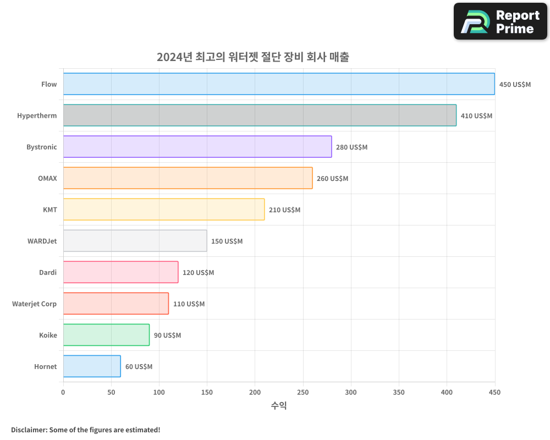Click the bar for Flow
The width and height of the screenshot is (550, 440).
point(279,84)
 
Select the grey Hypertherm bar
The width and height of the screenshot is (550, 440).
point(260,116)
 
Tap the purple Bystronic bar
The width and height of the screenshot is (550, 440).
point(197,147)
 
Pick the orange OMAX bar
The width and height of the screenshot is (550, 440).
point(188,178)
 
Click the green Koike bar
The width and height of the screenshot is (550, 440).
point(106,335)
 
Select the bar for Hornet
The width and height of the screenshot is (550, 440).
point(92,366)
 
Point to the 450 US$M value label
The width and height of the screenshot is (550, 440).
point(515,85)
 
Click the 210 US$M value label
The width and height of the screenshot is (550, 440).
point(284,210)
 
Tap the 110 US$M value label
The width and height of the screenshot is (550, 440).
point(189,304)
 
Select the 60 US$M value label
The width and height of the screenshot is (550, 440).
point(139,367)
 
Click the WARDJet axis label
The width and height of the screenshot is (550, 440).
point(42,241)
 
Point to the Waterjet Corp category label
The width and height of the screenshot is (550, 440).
point(34,304)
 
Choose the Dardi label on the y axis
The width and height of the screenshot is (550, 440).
point(47,272)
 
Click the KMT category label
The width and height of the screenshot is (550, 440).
point(50,210)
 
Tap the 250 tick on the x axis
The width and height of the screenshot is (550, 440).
point(303,392)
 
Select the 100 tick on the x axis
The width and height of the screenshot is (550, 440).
point(159,392)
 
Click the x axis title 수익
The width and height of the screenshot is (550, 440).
point(279,406)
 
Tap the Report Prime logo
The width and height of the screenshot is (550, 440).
point(501,21)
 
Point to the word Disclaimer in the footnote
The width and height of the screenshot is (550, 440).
point(28,430)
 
